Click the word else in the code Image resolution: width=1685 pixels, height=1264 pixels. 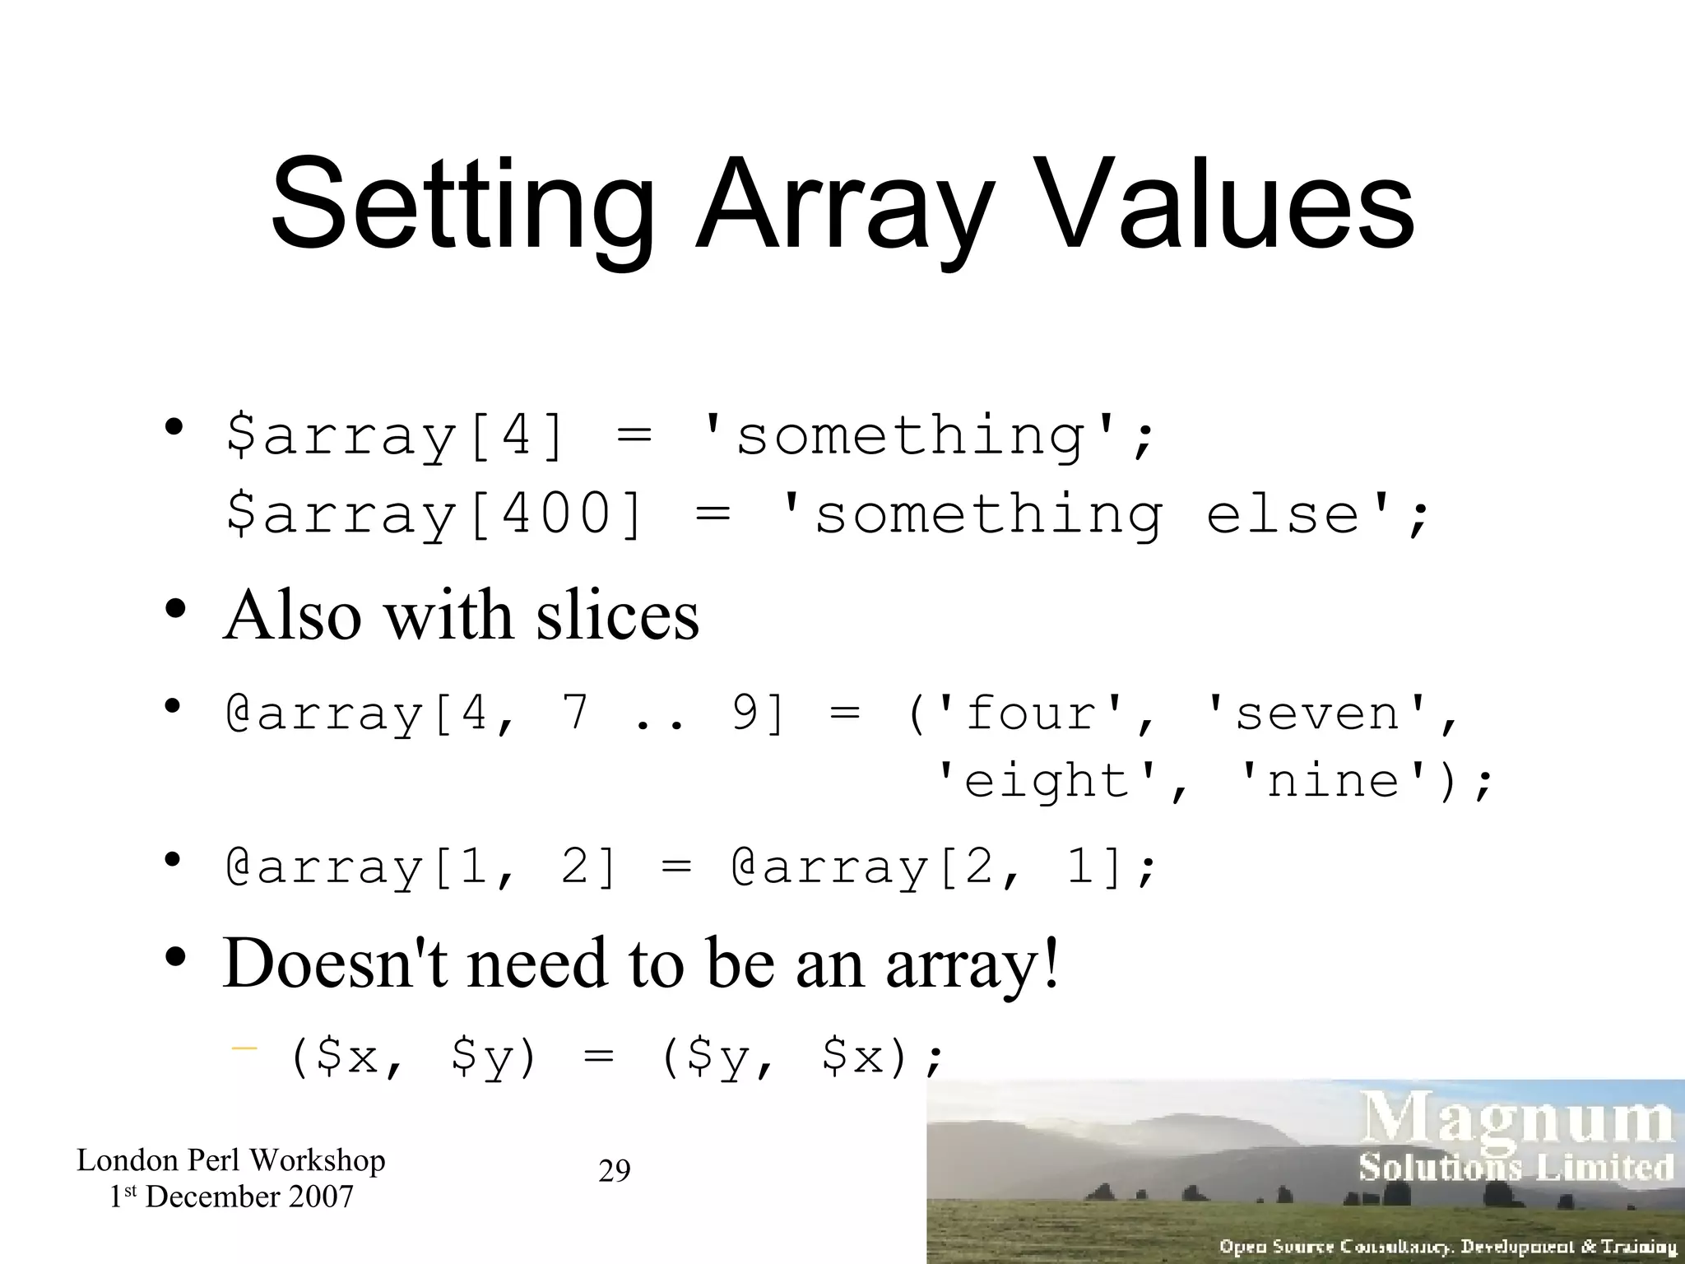1283,513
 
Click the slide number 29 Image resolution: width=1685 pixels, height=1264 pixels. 614,1170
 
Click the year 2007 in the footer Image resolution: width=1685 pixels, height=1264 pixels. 321,1197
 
